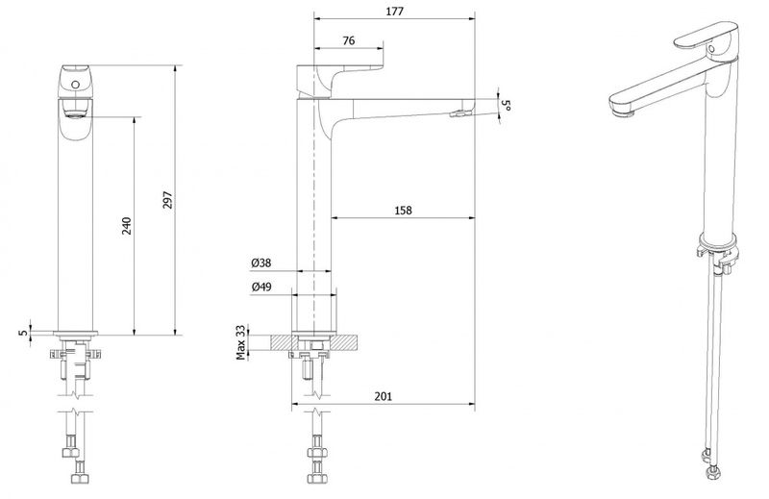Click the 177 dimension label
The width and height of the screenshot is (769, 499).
(394, 12)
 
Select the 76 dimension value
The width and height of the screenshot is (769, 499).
(349, 40)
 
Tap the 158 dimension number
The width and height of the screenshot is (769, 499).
(403, 211)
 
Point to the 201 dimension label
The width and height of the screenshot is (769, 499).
(383, 396)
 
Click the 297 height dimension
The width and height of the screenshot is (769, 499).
(168, 200)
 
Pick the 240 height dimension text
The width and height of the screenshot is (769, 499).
(127, 226)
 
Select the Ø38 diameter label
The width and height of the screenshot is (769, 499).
(261, 263)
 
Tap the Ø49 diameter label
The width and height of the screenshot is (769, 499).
(261, 287)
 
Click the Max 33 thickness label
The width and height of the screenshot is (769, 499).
(241, 342)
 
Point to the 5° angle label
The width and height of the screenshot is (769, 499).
(507, 105)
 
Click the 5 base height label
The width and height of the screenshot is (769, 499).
(23, 332)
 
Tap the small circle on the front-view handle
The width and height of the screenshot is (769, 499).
(75, 85)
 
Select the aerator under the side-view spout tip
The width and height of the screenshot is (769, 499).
(459, 113)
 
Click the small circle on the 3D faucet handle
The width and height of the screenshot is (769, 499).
(711, 49)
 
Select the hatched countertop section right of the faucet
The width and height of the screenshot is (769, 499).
(345, 342)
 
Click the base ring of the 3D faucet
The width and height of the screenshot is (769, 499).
(718, 239)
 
